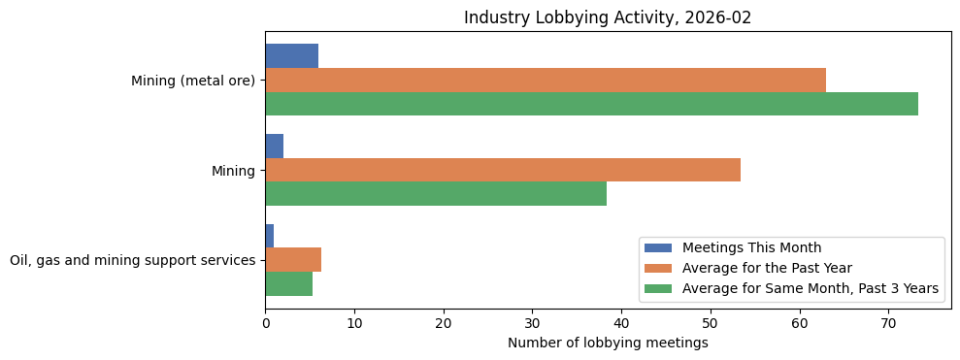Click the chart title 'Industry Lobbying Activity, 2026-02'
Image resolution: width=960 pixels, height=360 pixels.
click(608, 17)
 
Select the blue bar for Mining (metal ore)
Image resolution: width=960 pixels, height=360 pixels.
click(291, 56)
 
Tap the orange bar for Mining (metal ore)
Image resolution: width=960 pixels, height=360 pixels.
click(546, 81)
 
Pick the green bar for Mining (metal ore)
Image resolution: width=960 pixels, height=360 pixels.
click(591, 104)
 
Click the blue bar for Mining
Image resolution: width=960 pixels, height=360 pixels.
click(274, 147)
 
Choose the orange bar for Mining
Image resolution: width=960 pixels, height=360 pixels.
click(503, 170)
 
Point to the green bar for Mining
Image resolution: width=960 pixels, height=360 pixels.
click(436, 194)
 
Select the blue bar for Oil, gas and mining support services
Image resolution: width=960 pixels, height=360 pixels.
click(269, 236)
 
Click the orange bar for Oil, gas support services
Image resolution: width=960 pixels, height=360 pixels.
click(293, 260)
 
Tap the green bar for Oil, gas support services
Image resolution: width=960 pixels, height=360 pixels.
click(288, 283)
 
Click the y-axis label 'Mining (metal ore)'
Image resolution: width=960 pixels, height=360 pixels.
click(193, 81)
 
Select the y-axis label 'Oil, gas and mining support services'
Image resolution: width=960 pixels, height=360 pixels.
click(133, 260)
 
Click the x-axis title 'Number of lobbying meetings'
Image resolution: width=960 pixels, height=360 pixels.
click(608, 343)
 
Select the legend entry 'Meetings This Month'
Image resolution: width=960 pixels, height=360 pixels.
click(751, 247)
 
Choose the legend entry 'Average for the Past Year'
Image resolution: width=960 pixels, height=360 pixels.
click(767, 268)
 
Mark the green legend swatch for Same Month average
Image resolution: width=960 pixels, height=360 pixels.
click(658, 288)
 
